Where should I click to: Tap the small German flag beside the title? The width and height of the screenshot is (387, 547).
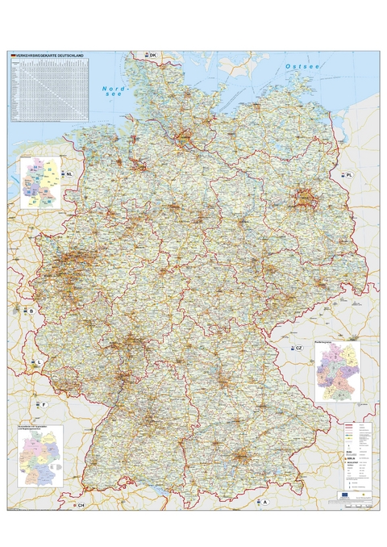click(12, 56)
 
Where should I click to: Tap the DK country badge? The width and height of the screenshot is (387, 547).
click(149, 55)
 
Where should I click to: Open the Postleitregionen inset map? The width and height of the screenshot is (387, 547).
click(336, 372)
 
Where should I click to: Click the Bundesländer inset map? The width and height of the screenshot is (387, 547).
click(41, 453)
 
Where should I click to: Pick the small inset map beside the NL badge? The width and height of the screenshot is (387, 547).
click(41, 182)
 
